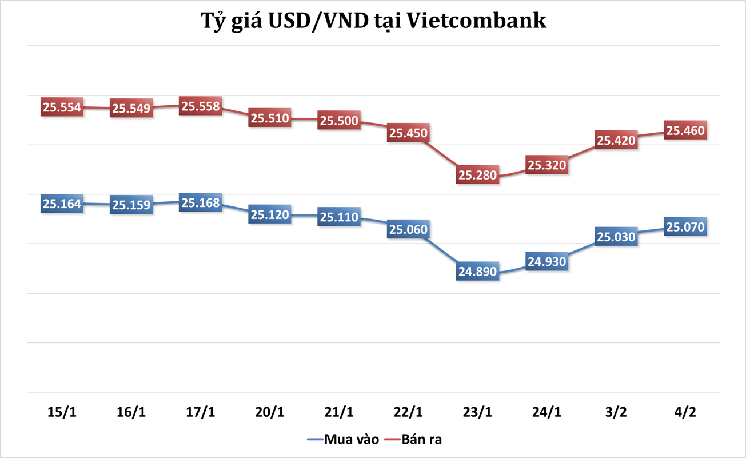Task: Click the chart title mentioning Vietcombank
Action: tap(373, 21)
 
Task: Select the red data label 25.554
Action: tap(62, 107)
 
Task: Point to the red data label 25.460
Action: tap(685, 130)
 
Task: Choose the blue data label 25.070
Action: tap(685, 226)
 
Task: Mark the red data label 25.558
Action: tap(201, 106)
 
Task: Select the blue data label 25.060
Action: tap(408, 229)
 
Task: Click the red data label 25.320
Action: tap(547, 165)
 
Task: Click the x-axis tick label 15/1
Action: tap(62, 412)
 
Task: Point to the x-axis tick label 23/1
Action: tap(477, 412)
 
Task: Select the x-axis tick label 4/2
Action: tap(685, 412)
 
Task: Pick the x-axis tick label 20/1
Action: tap(270, 412)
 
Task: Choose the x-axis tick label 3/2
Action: tap(616, 412)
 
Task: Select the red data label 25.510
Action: tap(270, 118)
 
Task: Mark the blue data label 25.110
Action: tap(339, 217)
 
